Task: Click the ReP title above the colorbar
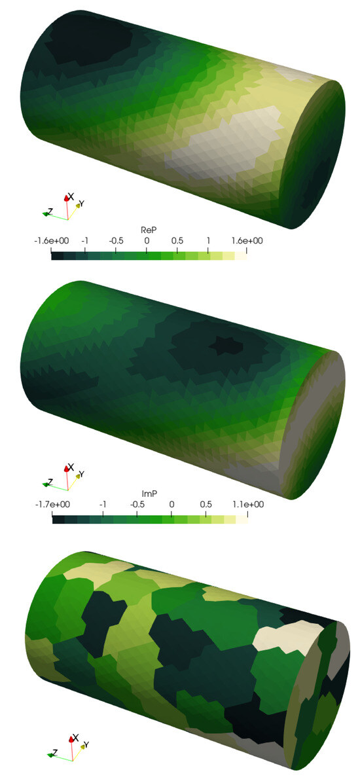tap(149, 230)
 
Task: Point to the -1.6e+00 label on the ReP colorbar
tap(52, 241)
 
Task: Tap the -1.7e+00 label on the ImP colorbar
tap(52, 505)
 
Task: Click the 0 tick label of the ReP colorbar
tap(147, 241)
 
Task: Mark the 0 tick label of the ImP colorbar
tap(171, 505)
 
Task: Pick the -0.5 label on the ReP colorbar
tap(116, 241)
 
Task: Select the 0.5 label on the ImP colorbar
tap(206, 505)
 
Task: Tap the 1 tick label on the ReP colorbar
tap(208, 241)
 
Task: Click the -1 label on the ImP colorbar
tap(102, 505)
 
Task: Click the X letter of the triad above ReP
tap(71, 195)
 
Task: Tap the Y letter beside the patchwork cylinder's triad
tap(87, 745)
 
